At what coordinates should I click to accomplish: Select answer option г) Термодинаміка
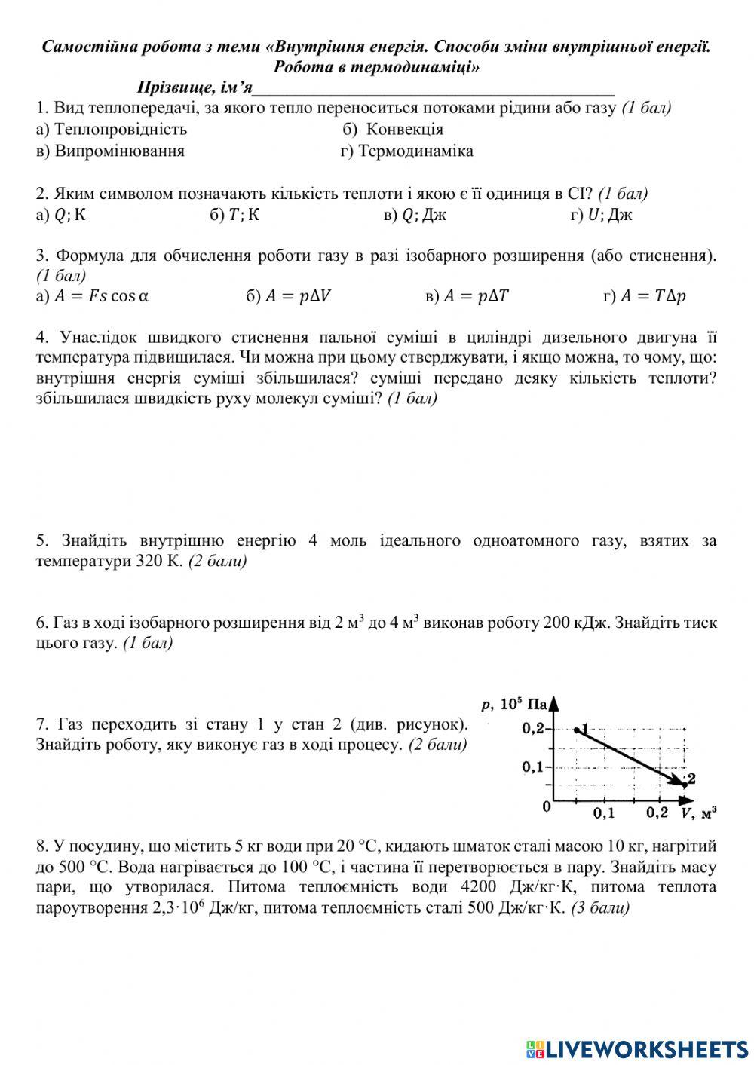click(407, 151)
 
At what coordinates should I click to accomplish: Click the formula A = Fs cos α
click(92, 296)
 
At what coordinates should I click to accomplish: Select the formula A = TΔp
click(645, 296)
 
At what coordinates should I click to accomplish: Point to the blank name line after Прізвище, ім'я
click(434, 89)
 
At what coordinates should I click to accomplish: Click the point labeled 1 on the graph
click(577, 729)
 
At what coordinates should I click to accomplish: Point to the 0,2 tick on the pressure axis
click(534, 729)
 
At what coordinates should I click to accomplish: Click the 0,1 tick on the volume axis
click(603, 813)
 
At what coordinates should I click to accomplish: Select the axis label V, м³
click(698, 813)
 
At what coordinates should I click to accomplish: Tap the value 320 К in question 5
click(159, 562)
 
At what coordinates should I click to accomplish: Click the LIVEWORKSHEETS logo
click(637, 1048)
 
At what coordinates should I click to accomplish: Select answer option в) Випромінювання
click(110, 151)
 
